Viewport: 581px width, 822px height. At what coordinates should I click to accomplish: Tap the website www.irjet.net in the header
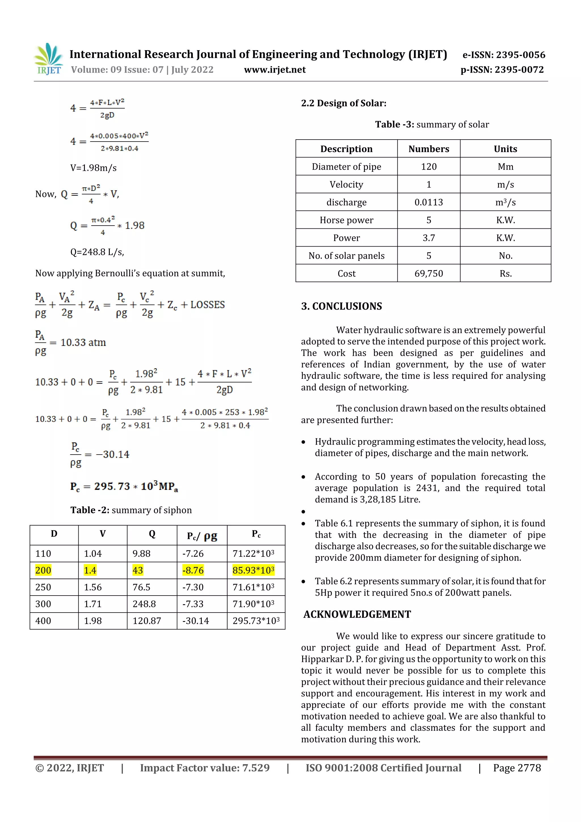point(275,70)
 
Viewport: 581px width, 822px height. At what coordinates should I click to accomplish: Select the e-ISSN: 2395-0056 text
point(504,55)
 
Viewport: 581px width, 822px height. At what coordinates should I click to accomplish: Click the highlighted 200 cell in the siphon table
point(43,570)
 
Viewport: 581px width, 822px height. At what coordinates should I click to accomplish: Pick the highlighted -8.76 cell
point(193,570)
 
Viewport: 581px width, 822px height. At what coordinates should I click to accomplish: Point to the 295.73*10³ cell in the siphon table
point(256,621)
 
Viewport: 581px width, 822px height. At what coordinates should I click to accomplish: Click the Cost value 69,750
point(428,274)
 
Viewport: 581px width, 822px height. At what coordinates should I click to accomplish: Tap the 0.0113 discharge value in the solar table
point(428,202)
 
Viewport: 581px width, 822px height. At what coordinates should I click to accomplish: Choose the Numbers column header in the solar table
point(428,149)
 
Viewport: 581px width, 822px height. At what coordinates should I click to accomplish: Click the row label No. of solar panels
point(346,256)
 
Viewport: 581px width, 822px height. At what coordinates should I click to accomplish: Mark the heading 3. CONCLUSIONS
point(342,306)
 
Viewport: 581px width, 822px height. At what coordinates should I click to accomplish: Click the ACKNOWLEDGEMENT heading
point(357,614)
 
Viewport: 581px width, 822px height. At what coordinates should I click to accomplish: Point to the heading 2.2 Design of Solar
point(344,104)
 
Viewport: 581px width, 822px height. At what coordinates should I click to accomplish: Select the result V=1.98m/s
point(93,168)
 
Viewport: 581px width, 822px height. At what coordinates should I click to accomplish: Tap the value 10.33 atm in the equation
point(83,343)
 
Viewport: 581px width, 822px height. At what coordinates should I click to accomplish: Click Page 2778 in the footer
point(517,768)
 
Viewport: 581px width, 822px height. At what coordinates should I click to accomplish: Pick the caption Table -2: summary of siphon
point(131,510)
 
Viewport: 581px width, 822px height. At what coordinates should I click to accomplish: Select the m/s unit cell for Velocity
point(505,185)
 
